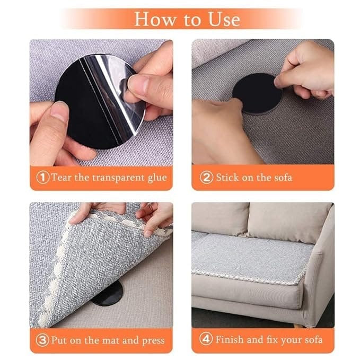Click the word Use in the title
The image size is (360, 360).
point(224,19)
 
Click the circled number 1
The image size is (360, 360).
point(43,178)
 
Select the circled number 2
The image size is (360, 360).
point(206,178)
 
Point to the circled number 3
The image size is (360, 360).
point(42,340)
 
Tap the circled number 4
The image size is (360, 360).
point(206,339)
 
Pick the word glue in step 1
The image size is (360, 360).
point(157,178)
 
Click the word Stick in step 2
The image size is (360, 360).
point(227,178)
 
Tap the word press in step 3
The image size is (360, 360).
point(153,341)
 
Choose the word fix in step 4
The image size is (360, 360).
point(273,339)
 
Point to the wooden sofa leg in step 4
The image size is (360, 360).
point(299,326)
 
